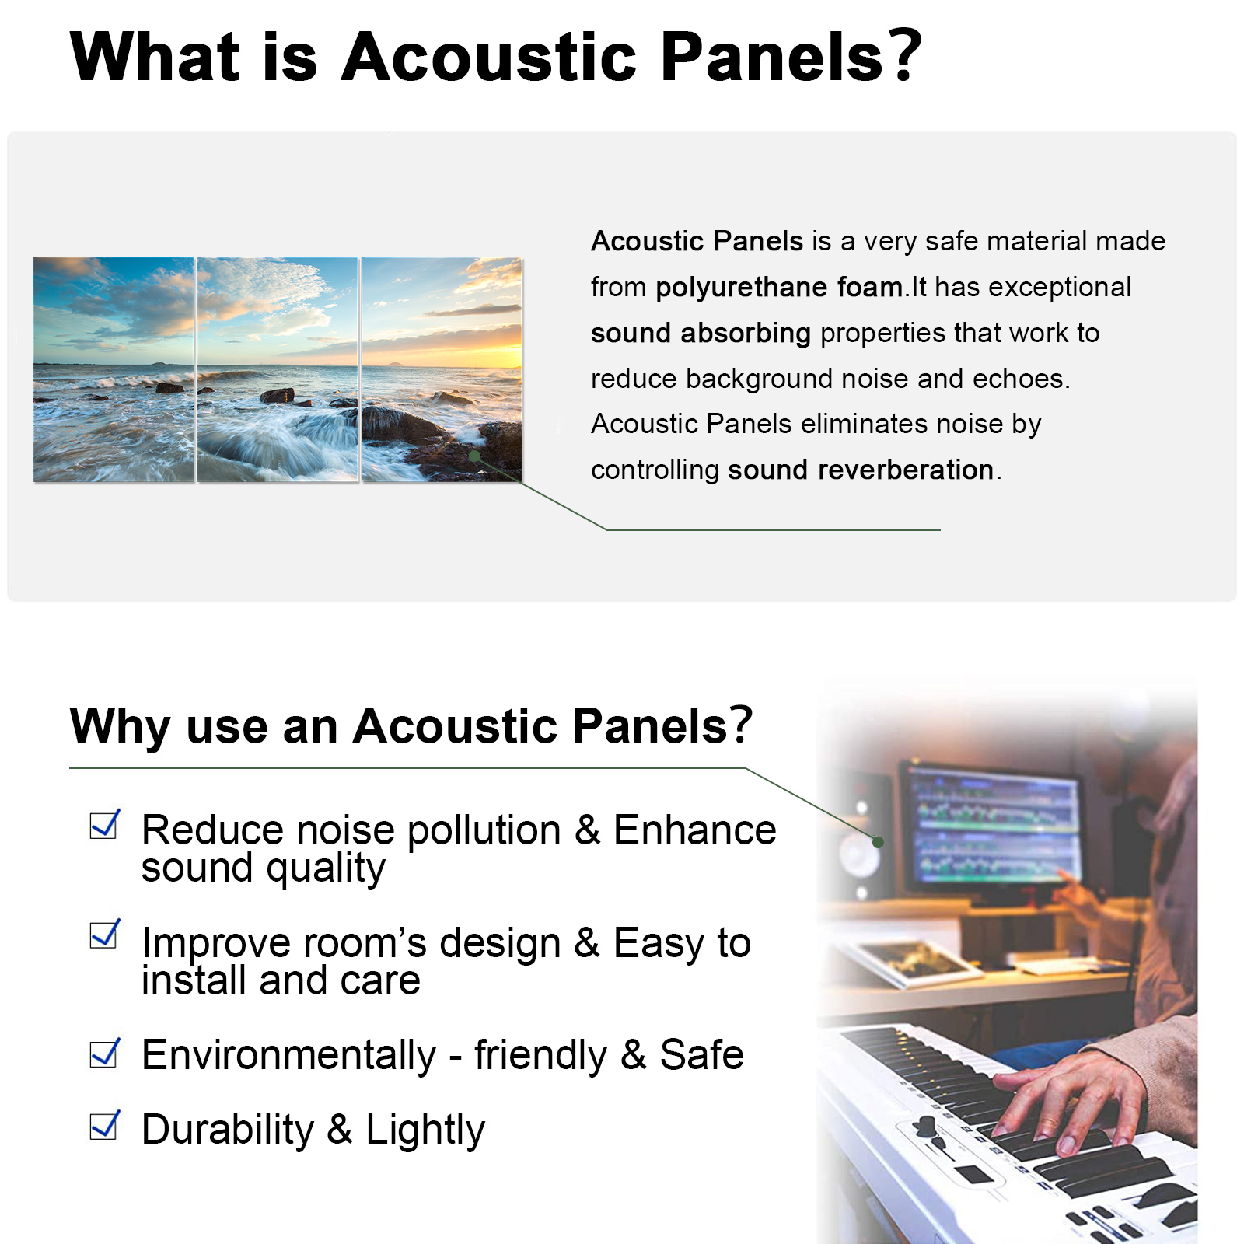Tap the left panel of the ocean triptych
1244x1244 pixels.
tap(114, 369)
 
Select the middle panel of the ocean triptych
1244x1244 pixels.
tap(278, 369)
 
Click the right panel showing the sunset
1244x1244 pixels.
tap(442, 369)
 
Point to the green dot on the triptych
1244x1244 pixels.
tap(474, 456)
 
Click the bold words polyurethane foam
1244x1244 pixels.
tap(778, 288)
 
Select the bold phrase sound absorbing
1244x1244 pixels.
tap(701, 333)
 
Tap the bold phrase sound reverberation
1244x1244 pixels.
tap(861, 470)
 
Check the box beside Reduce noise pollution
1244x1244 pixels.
tap(105, 825)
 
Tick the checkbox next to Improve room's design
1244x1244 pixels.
tap(105, 935)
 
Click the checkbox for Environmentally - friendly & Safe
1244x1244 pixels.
tap(105, 1054)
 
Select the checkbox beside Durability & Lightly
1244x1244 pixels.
tap(105, 1125)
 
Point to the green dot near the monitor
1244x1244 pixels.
tap(878, 842)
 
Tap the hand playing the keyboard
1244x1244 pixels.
tap(1069, 1096)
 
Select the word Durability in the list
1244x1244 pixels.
tap(228, 1130)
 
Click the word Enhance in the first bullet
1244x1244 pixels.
tap(694, 830)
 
